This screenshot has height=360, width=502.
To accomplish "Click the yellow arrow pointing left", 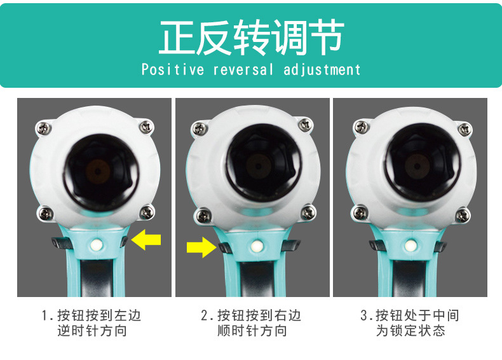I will pyautogui.click(x=146, y=240).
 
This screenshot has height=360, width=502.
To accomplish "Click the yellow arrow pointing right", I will pyautogui.click(x=201, y=246).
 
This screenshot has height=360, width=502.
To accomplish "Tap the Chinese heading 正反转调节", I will pyautogui.click(x=251, y=38).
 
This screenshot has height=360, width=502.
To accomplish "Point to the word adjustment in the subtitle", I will pyautogui.click(x=322, y=69).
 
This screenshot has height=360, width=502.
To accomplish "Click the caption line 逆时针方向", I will pyautogui.click(x=92, y=331).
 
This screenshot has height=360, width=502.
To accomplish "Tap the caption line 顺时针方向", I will pyautogui.click(x=252, y=331).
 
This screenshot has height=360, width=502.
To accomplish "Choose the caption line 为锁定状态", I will pyautogui.click(x=410, y=331).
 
